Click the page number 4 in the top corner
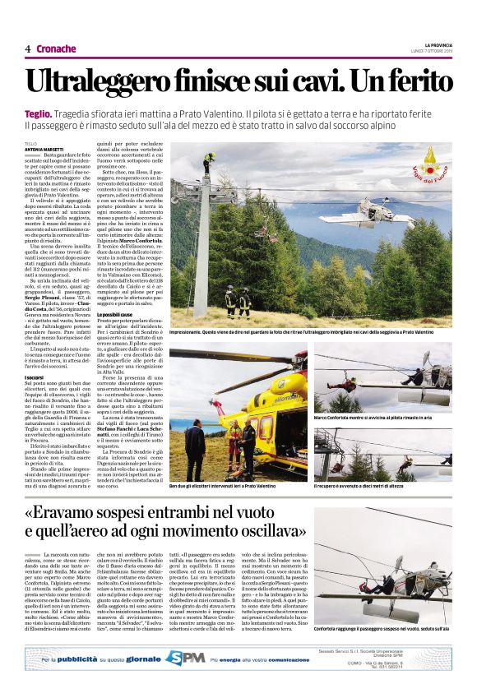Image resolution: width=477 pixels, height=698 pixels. pyautogui.click(x=27, y=49)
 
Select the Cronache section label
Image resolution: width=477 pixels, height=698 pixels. pyautogui.click(x=56, y=49)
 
